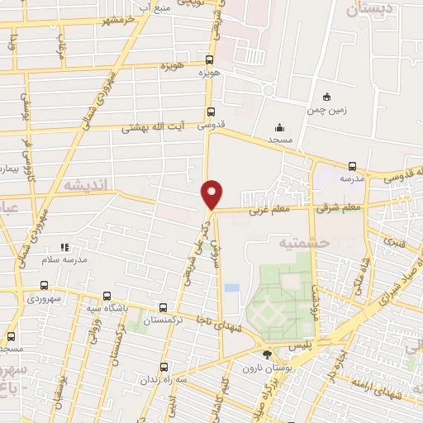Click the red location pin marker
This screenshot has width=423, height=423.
[x=212, y=193]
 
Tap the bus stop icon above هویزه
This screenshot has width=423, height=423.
[x=210, y=59]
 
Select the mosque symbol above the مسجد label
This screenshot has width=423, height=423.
[x=279, y=128]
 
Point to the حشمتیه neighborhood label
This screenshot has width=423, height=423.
[x=303, y=242]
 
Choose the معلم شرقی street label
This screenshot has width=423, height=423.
[x=339, y=207]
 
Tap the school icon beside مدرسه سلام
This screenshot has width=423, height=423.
[x=65, y=247]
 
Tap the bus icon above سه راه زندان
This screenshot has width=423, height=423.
[x=163, y=367]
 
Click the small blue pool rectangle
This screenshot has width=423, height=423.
[x=232, y=288]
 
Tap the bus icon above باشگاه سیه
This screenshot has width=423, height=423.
[x=107, y=297]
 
